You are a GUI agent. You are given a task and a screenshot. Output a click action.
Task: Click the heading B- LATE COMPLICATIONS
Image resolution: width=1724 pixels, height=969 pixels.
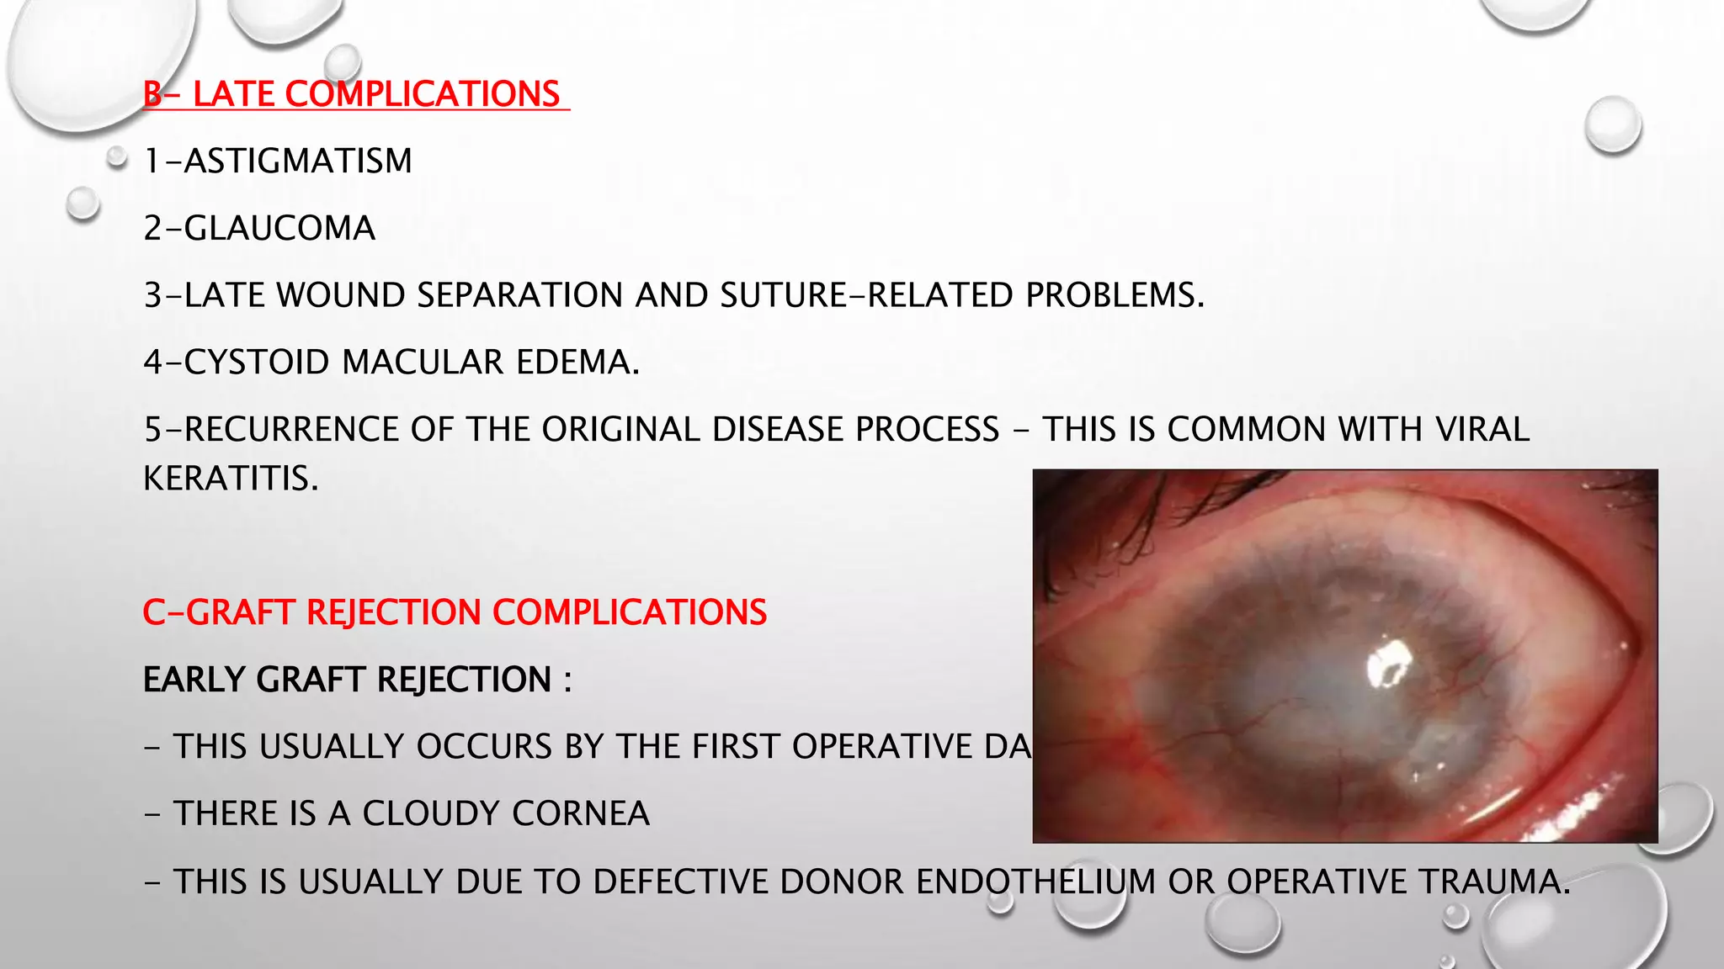354,93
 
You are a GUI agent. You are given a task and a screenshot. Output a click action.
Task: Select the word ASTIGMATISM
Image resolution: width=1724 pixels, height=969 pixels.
298,161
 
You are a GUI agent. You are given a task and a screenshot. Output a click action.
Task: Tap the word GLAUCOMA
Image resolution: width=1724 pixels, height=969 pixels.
279,228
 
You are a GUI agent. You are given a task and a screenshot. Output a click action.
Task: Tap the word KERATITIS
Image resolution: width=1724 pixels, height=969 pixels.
231,479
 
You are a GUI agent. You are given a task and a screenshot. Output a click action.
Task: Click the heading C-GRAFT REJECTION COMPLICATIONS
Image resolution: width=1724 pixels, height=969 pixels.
455,612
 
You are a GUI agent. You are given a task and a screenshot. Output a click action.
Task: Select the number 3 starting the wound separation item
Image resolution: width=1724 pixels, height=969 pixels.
152,295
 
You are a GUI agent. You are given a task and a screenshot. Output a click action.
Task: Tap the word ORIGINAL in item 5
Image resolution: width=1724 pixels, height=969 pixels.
621,429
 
